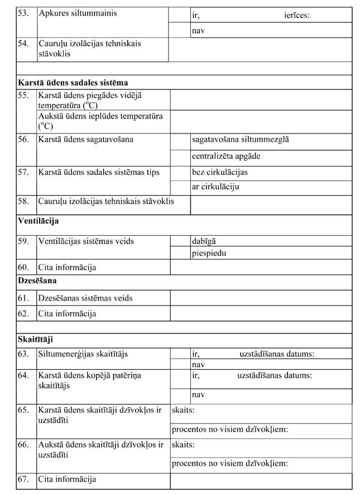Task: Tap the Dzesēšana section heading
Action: (37, 281)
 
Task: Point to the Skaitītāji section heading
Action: (36, 339)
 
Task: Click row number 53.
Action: (23, 13)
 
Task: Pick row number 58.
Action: (23, 201)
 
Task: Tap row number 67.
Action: (23, 479)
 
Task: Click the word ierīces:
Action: (296, 15)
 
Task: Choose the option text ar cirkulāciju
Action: (215, 187)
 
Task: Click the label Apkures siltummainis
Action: (78, 13)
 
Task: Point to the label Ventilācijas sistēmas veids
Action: (86, 241)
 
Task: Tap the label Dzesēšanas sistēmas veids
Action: (85, 298)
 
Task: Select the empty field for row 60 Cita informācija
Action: (261, 267)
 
